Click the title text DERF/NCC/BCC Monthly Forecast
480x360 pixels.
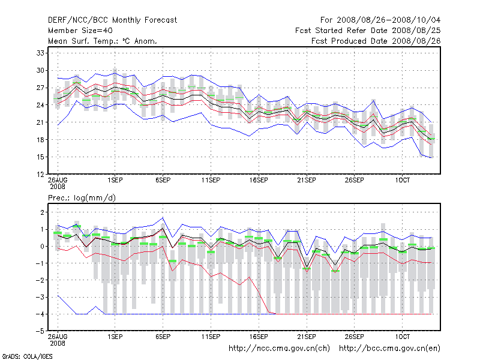[x=112, y=20]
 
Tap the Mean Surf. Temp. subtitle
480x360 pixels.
[x=103, y=41]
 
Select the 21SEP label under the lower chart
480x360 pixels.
[x=307, y=337]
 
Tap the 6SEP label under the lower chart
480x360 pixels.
[x=163, y=337]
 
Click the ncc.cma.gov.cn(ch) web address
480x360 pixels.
[x=280, y=348]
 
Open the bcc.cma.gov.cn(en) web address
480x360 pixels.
[x=390, y=348]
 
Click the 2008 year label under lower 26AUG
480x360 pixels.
[x=58, y=343]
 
